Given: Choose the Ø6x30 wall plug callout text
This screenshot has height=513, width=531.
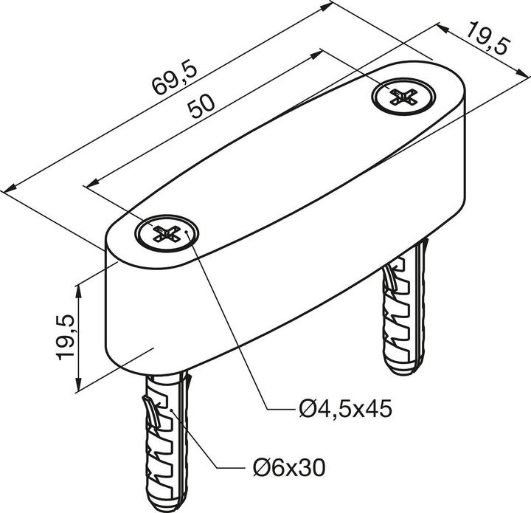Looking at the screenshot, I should pos(285,468).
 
